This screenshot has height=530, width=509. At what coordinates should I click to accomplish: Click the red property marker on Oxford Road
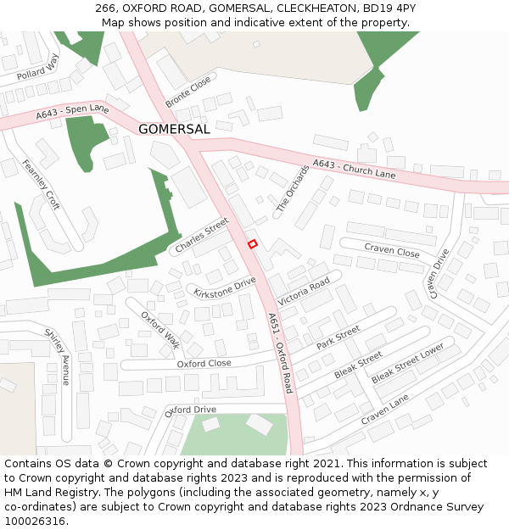252,244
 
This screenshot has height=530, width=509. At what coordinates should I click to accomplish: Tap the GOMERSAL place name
174,130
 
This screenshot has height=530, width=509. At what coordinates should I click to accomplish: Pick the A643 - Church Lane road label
354,169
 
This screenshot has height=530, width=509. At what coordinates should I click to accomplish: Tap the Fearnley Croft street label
42,185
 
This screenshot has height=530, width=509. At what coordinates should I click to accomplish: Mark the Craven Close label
392,251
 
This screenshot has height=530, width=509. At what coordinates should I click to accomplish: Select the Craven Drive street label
439,273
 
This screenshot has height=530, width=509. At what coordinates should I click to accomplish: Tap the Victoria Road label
303,293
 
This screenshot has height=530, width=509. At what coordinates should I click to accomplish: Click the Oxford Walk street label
161,330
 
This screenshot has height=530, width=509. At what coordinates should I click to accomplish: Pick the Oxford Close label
204,363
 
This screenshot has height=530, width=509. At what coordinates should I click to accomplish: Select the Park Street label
338,337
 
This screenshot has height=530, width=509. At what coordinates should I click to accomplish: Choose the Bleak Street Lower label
408,363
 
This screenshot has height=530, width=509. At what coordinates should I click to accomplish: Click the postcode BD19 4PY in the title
389,8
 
